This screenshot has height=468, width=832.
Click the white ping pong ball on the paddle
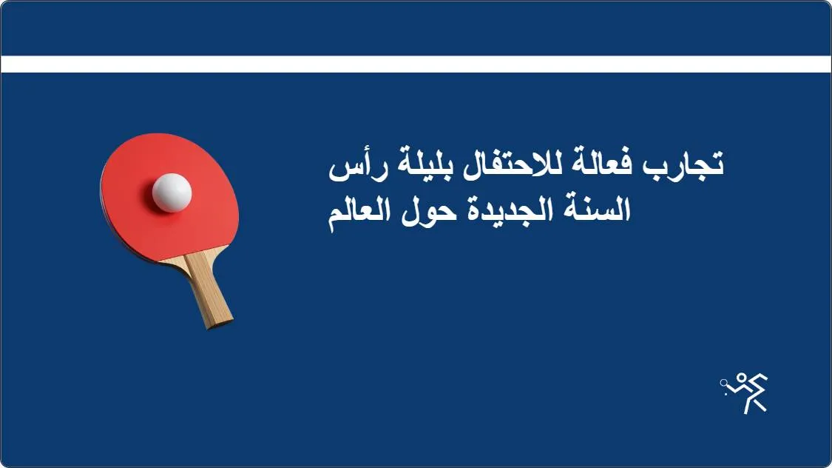pyautogui.click(x=172, y=193)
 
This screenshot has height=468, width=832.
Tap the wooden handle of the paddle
pyautogui.click(x=209, y=289)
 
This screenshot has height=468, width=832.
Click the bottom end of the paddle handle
pyautogui.click(x=220, y=321)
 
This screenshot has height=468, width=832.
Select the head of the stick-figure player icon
pyautogui.click(x=742, y=378)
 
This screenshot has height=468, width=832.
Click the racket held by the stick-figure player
pyautogui.click(x=726, y=383)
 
